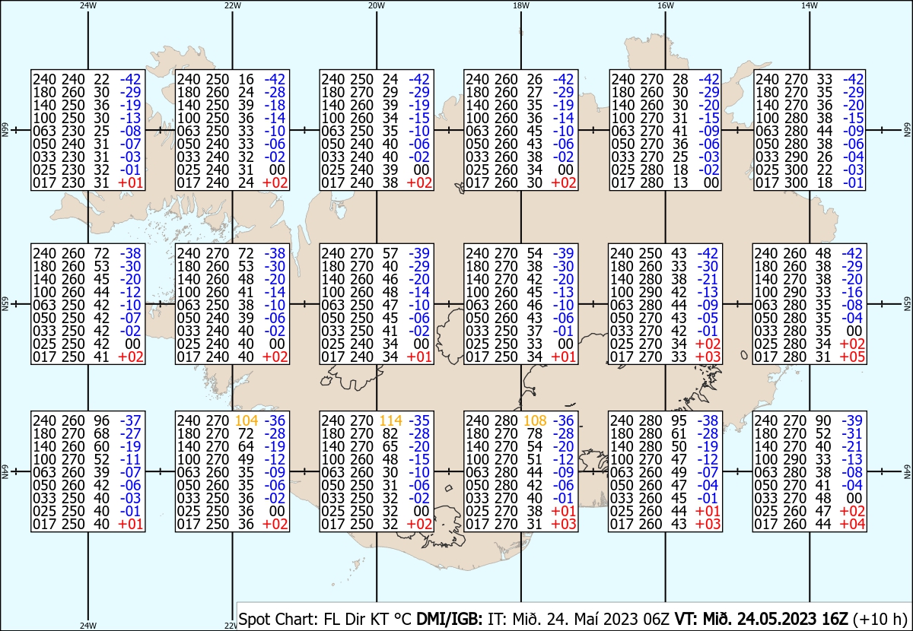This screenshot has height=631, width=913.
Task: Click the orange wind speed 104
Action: click(x=247, y=420)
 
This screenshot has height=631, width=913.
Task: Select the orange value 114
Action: click(x=391, y=420)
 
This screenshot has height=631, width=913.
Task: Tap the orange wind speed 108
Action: click(x=535, y=420)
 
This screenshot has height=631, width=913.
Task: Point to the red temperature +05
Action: click(x=852, y=357)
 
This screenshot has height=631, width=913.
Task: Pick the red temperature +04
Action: click(x=852, y=525)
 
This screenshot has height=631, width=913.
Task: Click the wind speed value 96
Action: click(x=101, y=420)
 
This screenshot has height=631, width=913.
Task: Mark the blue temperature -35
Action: click(x=419, y=420)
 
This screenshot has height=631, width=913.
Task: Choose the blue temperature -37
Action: click(x=130, y=420)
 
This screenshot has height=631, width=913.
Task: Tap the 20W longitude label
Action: click(x=377, y=5)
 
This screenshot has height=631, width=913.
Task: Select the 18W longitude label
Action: click(x=521, y=5)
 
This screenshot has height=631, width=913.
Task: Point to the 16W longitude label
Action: click(x=665, y=5)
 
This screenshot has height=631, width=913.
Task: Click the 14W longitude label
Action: click(x=810, y=5)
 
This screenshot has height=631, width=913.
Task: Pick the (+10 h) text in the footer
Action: click(x=880, y=619)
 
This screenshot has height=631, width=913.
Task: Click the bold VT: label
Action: click(x=687, y=619)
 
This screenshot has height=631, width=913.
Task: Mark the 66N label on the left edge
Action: click(x=5, y=130)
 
